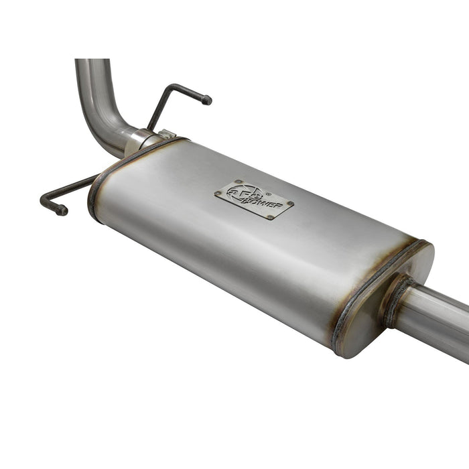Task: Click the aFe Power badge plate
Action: pyautogui.click(x=254, y=199)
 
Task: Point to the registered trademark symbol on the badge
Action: pyautogui.click(x=267, y=188)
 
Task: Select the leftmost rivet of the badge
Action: pyautogui.click(x=218, y=194)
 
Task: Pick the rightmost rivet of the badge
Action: pyautogui.click(x=290, y=203)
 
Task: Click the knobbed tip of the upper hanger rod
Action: pyautogui.click(x=206, y=100)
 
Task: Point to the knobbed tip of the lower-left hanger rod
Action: pyautogui.click(x=62, y=210)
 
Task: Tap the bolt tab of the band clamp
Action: pyautogui.click(x=165, y=135)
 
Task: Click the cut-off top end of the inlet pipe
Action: pyautogui.click(x=92, y=62)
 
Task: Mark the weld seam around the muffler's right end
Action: pyautogui.click(x=375, y=288)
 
